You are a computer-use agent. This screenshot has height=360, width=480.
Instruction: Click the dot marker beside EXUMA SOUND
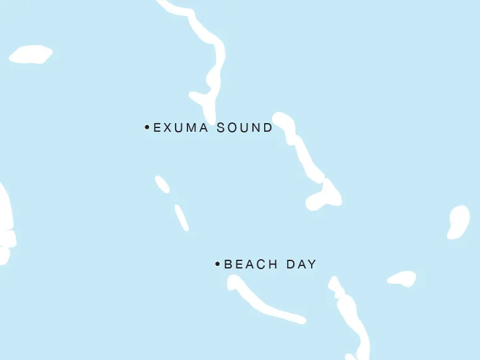click(x=147, y=127)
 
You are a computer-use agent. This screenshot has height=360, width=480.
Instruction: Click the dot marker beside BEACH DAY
click(x=218, y=264)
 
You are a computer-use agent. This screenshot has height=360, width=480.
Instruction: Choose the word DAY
click(x=301, y=265)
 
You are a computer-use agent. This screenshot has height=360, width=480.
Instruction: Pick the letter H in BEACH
click(x=272, y=265)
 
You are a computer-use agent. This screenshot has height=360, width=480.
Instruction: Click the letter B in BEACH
click(x=228, y=265)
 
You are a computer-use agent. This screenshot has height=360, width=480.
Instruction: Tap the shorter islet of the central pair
click(x=162, y=184)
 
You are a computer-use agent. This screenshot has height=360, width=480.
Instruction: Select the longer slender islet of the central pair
click(x=182, y=217)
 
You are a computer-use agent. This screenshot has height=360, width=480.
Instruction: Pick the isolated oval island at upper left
click(x=30, y=54)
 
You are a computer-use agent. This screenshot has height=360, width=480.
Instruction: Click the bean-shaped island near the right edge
click(x=458, y=221)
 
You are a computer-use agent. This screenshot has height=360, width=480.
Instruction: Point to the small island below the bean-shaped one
click(x=403, y=279)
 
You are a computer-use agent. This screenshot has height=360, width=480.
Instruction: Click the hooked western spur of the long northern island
click(x=199, y=98)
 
